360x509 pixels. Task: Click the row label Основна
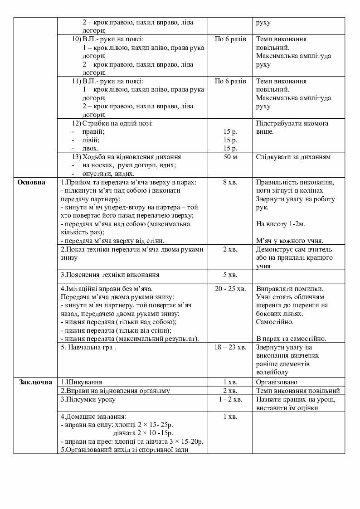point(32,182)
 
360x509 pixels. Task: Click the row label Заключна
point(35,382)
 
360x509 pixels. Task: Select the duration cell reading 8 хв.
point(230,182)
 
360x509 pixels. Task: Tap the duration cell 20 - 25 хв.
point(230,288)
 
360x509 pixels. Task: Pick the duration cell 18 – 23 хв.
point(230,347)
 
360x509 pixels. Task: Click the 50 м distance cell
point(230,157)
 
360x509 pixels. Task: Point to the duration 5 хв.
point(230,275)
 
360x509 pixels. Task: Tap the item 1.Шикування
point(82,382)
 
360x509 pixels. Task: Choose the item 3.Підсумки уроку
point(88,399)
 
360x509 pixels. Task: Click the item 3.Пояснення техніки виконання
point(110,275)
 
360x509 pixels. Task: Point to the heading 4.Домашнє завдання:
point(93,416)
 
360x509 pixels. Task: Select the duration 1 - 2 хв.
point(230,399)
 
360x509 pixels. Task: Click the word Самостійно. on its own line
point(275,322)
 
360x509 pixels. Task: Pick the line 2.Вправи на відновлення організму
point(115,391)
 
